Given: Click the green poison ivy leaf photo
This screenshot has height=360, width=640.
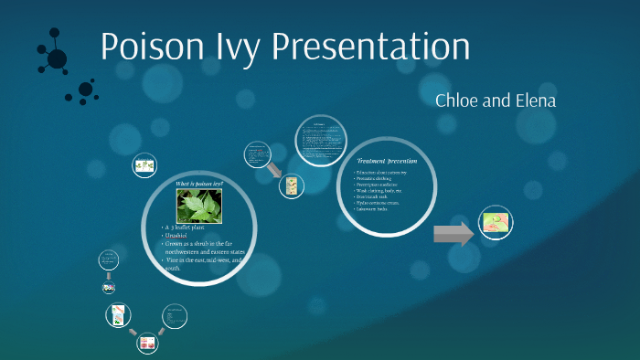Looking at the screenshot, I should (x=199, y=206).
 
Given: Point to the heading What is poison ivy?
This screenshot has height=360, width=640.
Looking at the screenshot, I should (x=199, y=185).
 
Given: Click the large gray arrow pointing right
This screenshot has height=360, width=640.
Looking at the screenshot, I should (x=453, y=234).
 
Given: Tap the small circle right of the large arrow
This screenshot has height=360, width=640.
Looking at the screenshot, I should (x=495, y=223).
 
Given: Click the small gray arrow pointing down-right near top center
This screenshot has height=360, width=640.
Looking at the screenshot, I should (x=274, y=170).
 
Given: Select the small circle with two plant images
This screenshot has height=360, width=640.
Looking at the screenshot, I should (x=144, y=165).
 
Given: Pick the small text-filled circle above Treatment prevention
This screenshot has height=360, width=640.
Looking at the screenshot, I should (x=319, y=138).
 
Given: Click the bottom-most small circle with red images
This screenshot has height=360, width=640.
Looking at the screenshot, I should (x=146, y=344).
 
